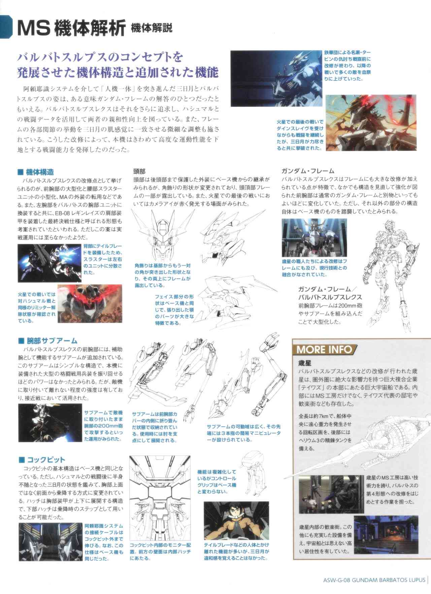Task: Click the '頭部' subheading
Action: [139, 171]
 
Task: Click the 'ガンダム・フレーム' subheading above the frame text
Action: [308, 171]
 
